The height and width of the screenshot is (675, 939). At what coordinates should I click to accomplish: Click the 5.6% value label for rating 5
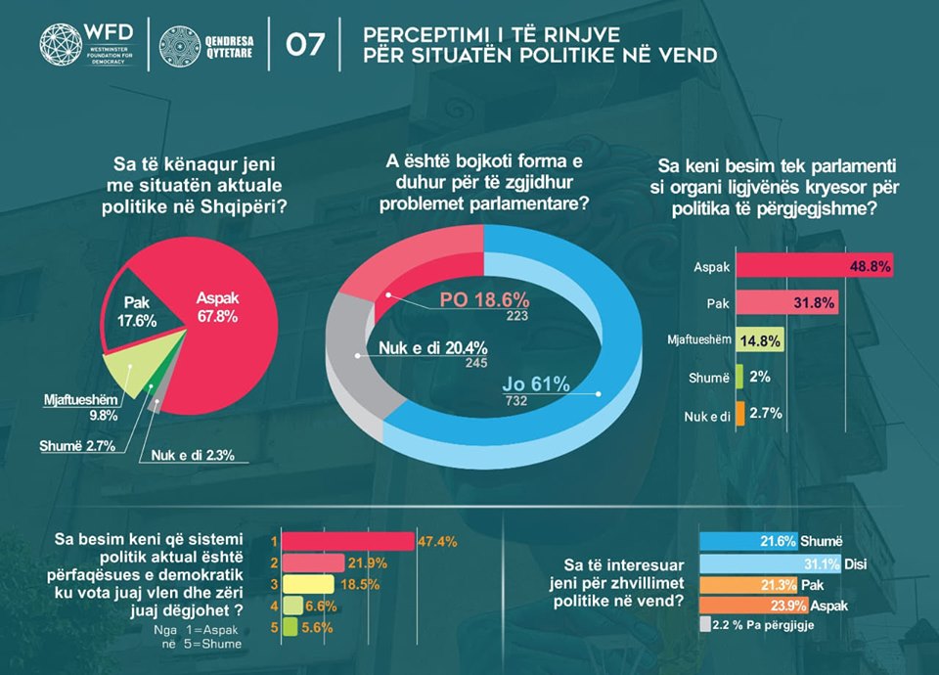point(314,626)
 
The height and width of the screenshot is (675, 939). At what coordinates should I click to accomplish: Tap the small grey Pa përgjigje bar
point(705,625)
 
